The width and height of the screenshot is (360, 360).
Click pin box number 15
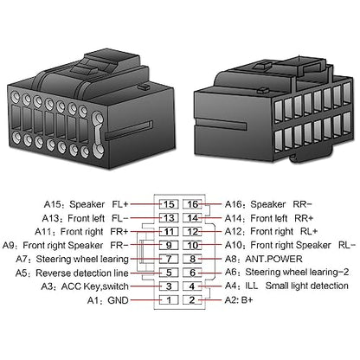169,204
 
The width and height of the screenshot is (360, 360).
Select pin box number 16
192,204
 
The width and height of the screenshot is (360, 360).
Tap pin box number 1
169,300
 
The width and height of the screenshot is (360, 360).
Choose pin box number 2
192,300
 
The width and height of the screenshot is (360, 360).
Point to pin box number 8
192,259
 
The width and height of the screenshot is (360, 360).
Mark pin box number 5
169,273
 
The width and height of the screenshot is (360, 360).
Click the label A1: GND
107,300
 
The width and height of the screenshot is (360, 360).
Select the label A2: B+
239,300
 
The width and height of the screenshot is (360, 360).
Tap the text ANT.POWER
273,259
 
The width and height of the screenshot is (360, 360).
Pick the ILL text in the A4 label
251,286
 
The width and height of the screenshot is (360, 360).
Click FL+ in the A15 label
119,204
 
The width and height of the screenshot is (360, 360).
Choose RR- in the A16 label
302,204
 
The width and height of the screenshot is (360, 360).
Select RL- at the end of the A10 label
347,245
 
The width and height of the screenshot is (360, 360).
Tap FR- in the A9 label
119,245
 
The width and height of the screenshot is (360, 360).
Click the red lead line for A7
145,259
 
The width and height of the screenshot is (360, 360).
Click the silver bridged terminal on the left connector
98,133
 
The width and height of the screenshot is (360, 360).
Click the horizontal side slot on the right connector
221,124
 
